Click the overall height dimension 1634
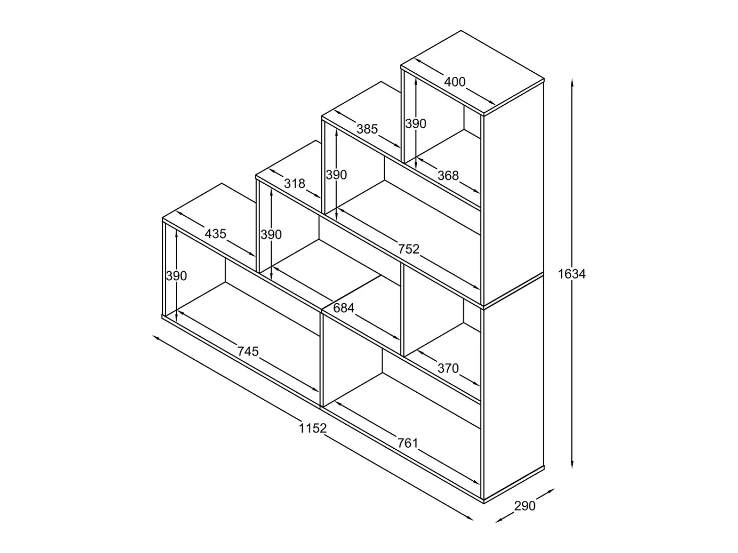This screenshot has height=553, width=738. click(572, 274)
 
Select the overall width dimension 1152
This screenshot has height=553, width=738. click(313, 428)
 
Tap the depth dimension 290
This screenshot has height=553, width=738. click(525, 506)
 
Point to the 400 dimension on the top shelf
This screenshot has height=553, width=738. click(455, 82)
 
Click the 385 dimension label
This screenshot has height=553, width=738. click(367, 129)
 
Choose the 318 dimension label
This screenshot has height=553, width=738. click(295, 183)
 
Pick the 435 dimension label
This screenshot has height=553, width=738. click(215, 233)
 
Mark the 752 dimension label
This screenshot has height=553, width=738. click(409, 249)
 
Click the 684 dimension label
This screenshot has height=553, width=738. click(343, 308)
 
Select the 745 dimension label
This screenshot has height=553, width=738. click(248, 351)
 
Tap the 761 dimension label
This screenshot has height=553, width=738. click(408, 443)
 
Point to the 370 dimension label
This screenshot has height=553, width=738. click(448, 368)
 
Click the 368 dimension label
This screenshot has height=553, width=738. click(448, 175)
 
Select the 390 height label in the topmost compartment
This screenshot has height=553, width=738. click(416, 124)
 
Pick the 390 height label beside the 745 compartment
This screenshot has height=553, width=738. click(177, 276)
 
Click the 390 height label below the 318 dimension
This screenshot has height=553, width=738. click(271, 234)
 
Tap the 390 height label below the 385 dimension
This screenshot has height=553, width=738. click(336, 175)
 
